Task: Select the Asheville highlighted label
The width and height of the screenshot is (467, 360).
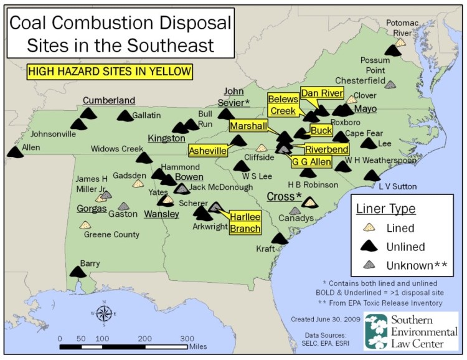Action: pos(207,151)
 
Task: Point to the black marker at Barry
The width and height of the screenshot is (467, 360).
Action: pos(78,272)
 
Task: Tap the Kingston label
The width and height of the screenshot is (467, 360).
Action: pos(166,138)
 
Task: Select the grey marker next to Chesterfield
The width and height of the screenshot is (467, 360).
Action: pos(391,84)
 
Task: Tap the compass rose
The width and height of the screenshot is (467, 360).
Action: pos(104,313)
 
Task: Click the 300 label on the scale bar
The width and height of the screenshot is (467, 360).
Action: pos(187,338)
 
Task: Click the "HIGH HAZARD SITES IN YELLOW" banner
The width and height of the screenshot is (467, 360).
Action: pos(109,72)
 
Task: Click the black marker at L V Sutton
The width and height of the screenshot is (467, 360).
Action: pos(372,176)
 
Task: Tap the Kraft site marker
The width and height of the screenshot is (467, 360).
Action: pos(280,239)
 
